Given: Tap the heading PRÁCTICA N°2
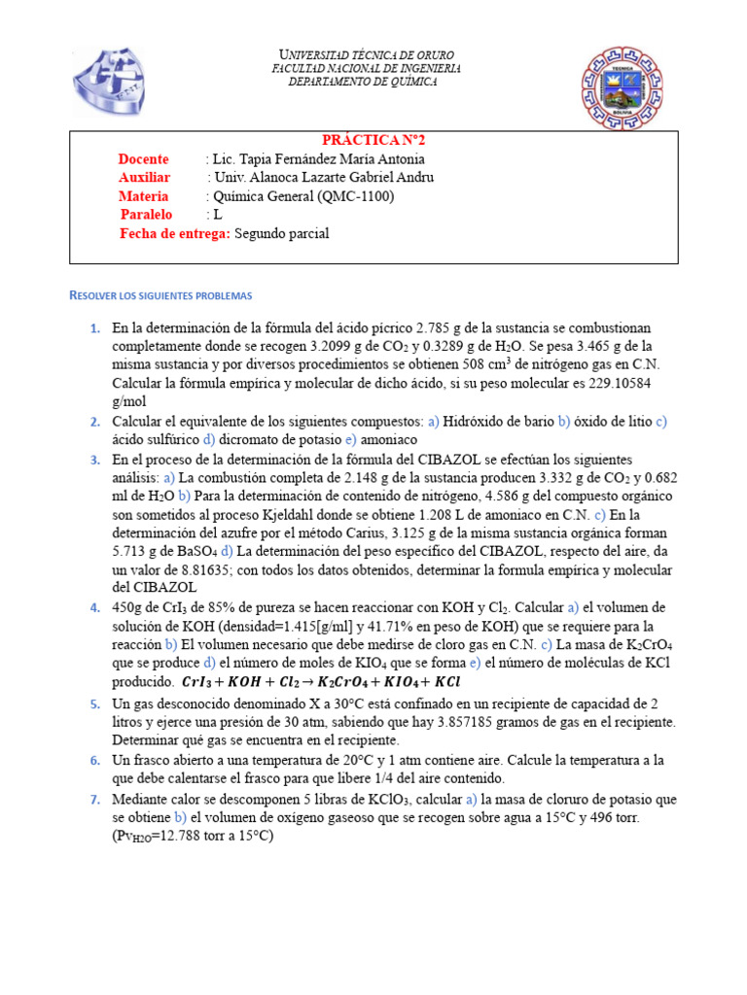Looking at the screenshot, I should pos(373,140).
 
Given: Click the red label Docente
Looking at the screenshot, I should pos(143,159).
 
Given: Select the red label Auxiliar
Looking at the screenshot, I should pos(144,178).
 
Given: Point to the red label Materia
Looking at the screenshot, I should pos(143,196).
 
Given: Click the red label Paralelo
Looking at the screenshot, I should pos(146,215).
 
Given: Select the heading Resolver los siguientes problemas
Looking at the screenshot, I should pos(160,294).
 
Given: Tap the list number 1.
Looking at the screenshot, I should pos(94,328).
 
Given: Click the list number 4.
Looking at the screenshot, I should pos(94,607).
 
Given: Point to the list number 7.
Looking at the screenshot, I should pos(94,800).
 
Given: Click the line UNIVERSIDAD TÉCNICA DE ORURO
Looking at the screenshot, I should pos(366,54).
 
